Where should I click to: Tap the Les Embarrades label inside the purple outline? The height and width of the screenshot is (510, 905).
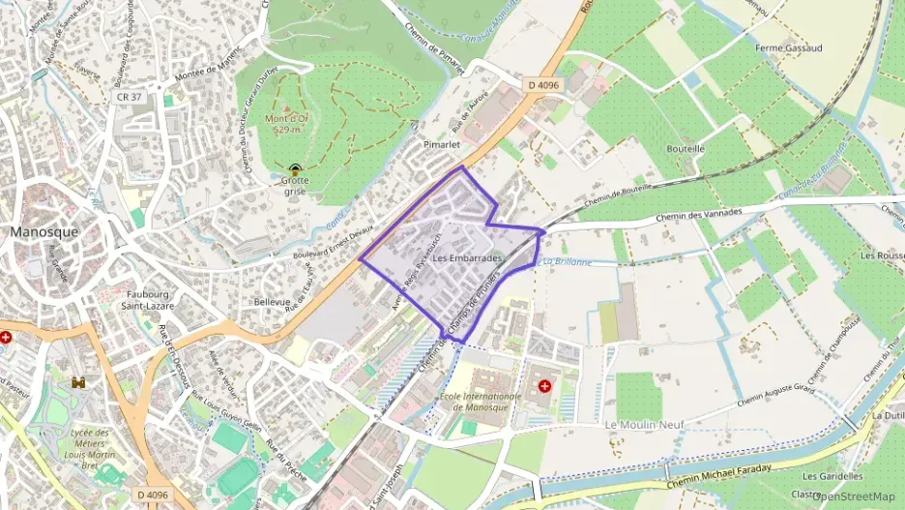[468, 259]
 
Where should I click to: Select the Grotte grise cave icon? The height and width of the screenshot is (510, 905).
[295, 167]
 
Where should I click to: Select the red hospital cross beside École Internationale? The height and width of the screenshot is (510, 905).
[544, 386]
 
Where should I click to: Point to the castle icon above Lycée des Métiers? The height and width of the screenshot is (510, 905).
[77, 383]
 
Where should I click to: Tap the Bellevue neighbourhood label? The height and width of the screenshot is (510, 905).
[272, 302]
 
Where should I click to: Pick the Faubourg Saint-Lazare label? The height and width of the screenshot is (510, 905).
[147, 299]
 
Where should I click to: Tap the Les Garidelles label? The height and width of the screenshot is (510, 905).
[832, 476]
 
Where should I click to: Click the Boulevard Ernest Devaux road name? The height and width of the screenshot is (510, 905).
[333, 247]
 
